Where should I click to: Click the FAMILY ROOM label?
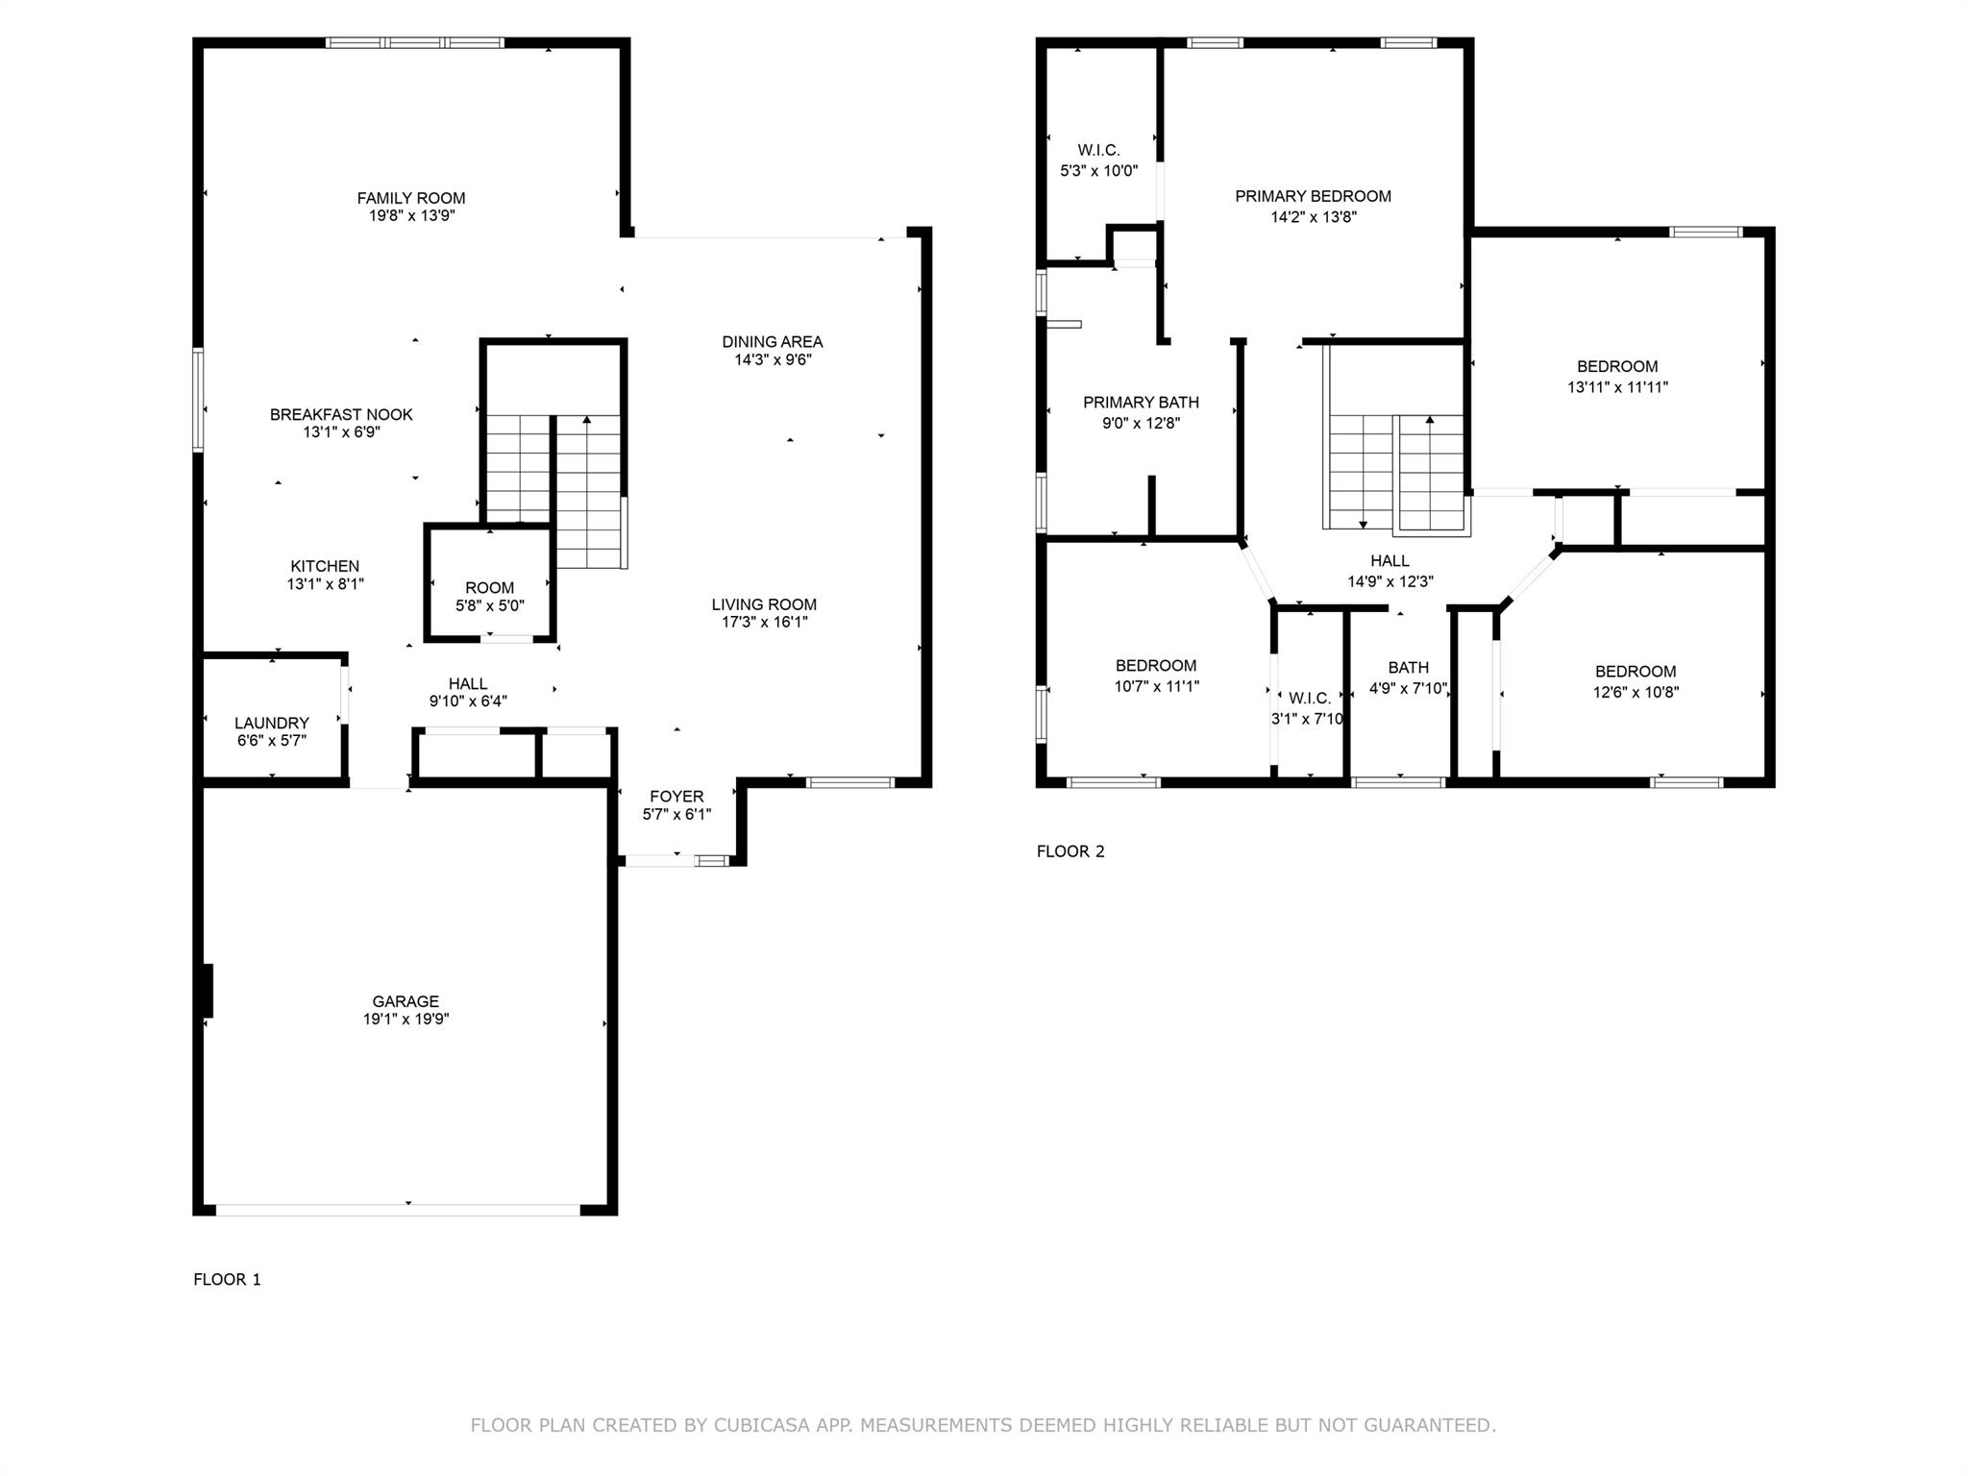pos(411,198)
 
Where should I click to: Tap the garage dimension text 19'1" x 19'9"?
pos(406,1019)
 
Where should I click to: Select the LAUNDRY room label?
pos(272,723)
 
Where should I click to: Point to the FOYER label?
pos(676,796)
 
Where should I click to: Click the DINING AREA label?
pos(773,341)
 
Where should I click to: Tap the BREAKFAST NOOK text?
pos(341,414)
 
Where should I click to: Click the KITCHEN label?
pos(325,566)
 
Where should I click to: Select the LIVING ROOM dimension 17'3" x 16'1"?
pos(765,622)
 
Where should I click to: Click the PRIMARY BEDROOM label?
pos(1313,196)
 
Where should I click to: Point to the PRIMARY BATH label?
pos(1141,402)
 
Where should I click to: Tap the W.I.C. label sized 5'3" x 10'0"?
pos(1098,160)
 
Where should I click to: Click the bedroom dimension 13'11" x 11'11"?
pos(1617,387)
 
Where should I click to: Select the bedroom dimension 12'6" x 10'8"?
pos(1636,692)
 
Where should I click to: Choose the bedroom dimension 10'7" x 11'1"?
pos(1156,686)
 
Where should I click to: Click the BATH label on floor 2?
pos(1408,667)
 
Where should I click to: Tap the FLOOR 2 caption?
pos(1070,851)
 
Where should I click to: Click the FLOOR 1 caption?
pos(227,1279)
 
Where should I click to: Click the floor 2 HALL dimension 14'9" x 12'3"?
pos(1390,581)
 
